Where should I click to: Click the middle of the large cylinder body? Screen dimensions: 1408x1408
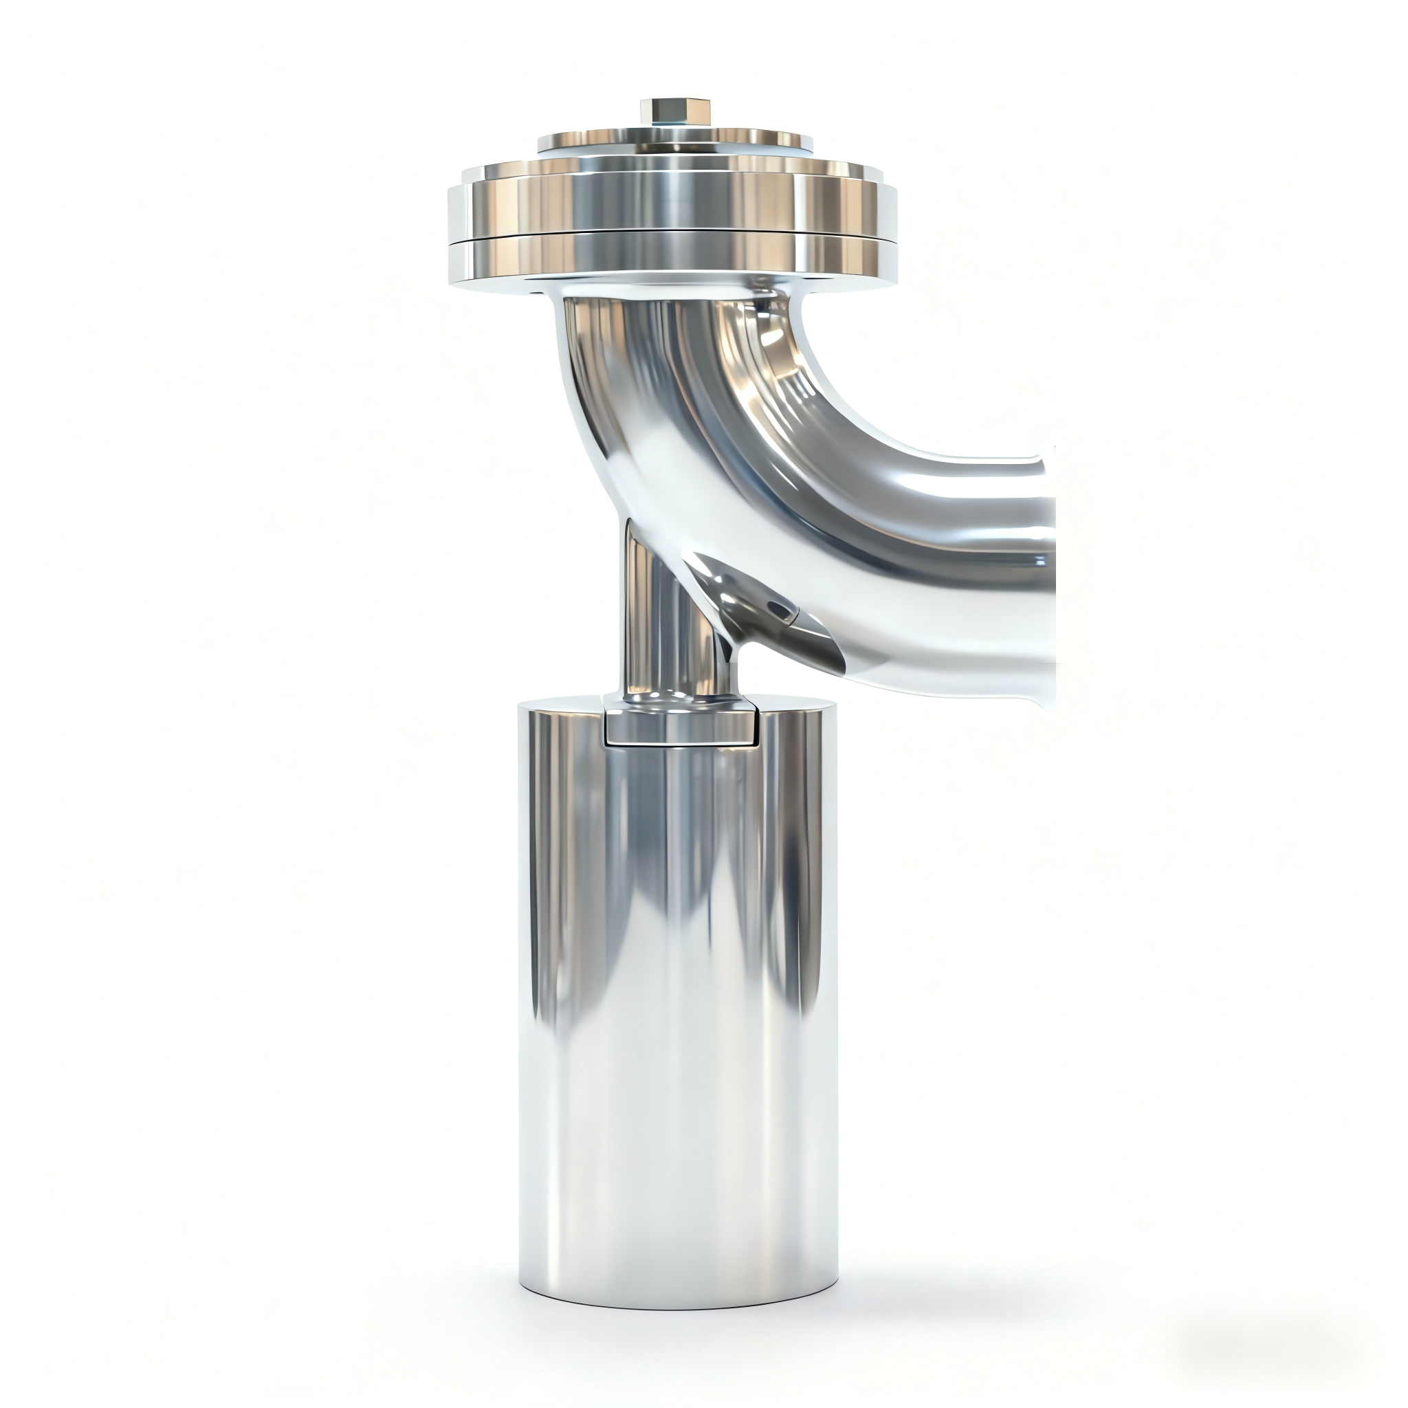click(x=678, y=1020)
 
